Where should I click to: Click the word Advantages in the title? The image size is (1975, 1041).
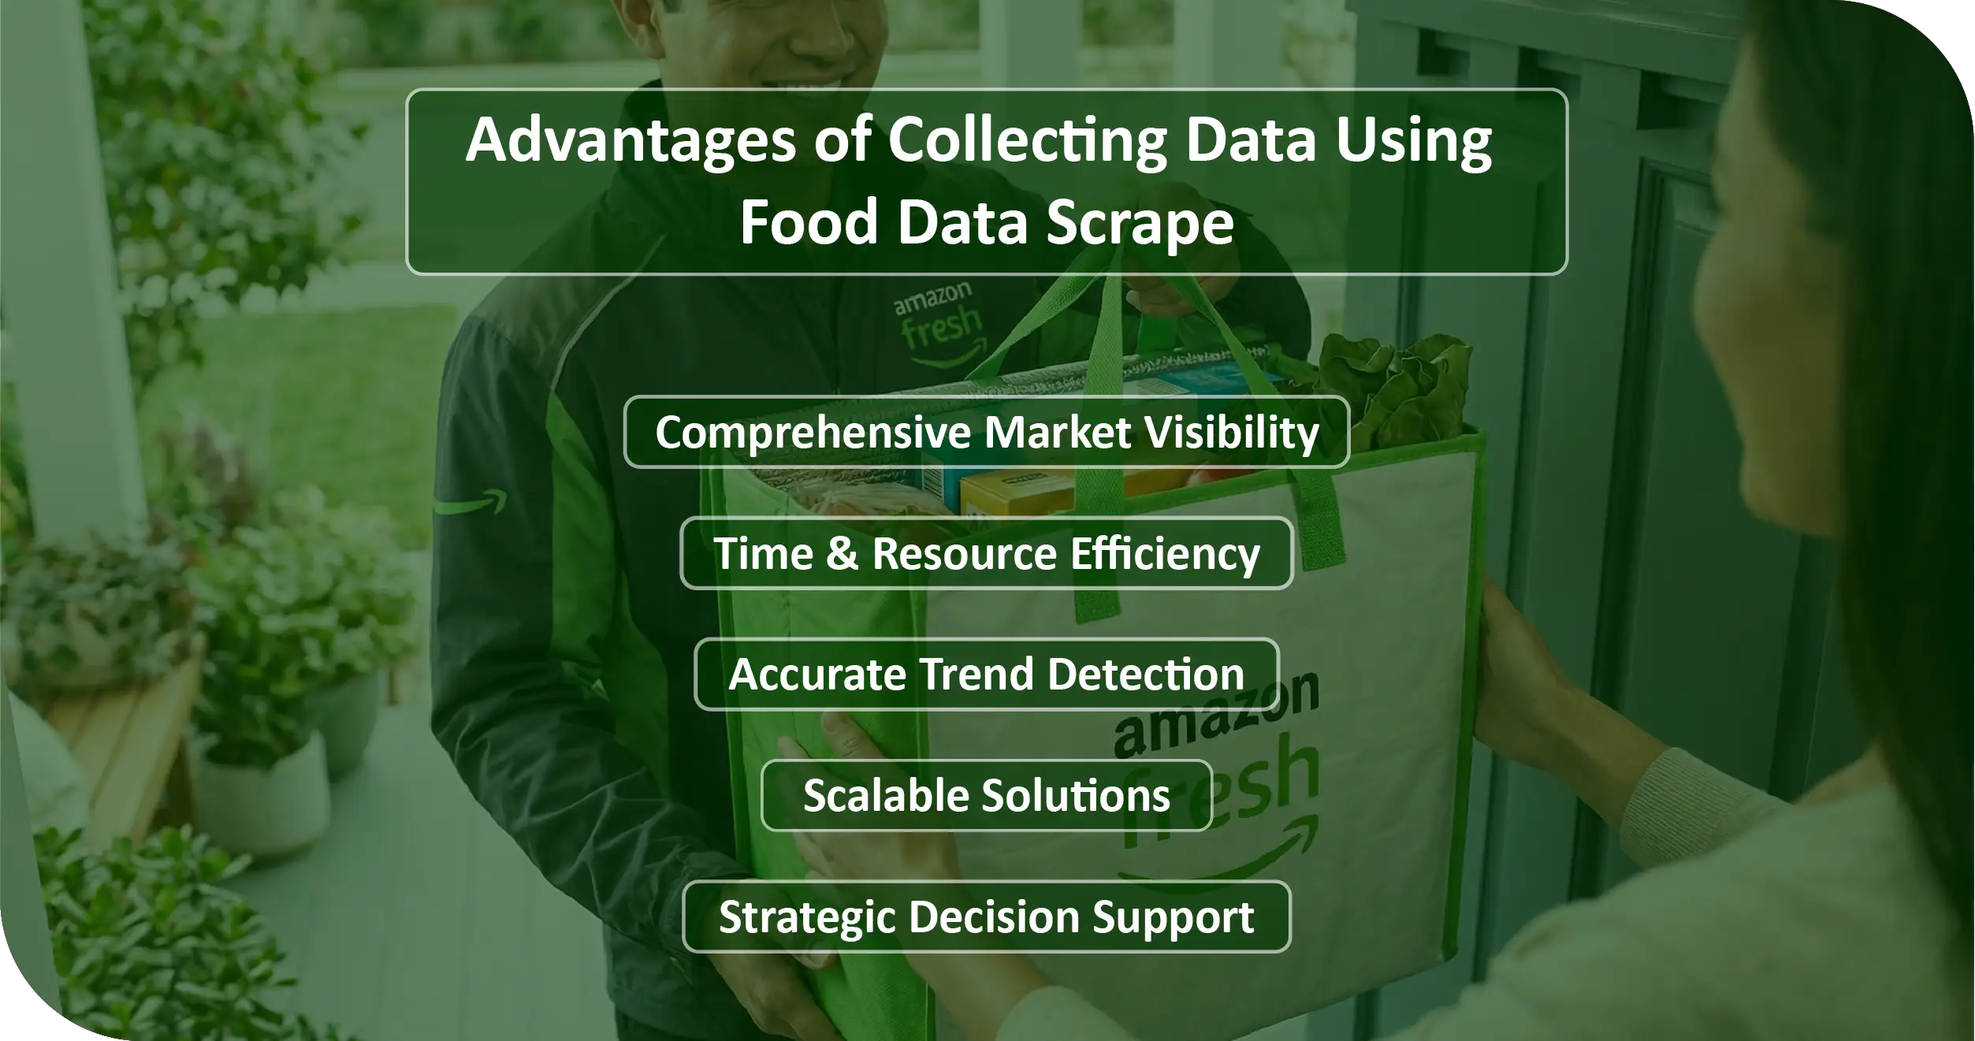click(630, 143)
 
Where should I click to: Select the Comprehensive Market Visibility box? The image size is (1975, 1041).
click(987, 433)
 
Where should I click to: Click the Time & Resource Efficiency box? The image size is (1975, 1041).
click(987, 553)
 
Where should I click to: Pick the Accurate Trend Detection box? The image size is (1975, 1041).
click(987, 675)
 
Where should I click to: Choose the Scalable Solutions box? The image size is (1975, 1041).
click(987, 795)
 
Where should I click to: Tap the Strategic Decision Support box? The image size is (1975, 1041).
click(987, 916)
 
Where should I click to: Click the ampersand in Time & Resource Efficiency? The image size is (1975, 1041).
click(842, 553)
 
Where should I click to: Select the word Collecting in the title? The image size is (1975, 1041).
click(1028, 143)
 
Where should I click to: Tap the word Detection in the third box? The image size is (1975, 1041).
click(1146, 675)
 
